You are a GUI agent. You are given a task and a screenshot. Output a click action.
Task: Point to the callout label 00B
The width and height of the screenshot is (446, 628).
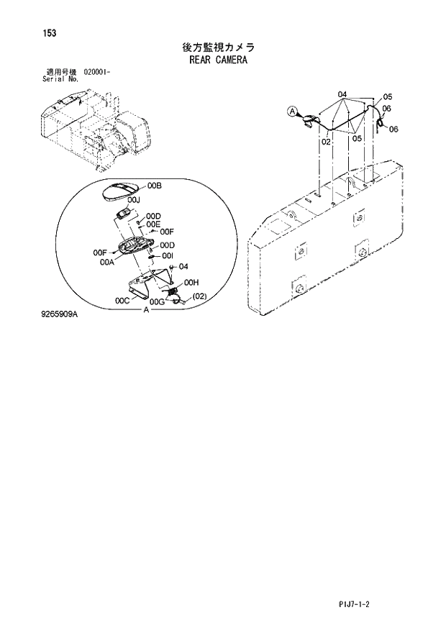tap(155, 186)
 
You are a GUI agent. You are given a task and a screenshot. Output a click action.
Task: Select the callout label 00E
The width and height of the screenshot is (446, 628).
tap(153, 224)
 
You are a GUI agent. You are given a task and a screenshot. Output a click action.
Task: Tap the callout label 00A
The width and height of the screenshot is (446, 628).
tap(108, 263)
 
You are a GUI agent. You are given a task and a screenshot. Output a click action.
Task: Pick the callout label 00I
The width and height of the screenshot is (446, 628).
tap(168, 255)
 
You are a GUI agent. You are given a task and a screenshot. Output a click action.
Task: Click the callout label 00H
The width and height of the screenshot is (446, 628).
tap(191, 283)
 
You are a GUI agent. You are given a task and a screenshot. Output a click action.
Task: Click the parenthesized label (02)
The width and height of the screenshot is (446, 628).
tap(199, 296)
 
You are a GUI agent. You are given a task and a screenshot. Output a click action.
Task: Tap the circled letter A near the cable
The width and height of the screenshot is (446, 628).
tap(292, 111)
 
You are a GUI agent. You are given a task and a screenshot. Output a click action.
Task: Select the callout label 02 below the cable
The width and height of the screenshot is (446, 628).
tap(326, 142)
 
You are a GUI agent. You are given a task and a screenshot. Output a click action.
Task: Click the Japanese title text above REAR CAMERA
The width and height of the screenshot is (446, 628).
tap(219, 47)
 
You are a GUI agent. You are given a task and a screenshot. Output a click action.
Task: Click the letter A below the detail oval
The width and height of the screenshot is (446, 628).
tap(147, 309)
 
